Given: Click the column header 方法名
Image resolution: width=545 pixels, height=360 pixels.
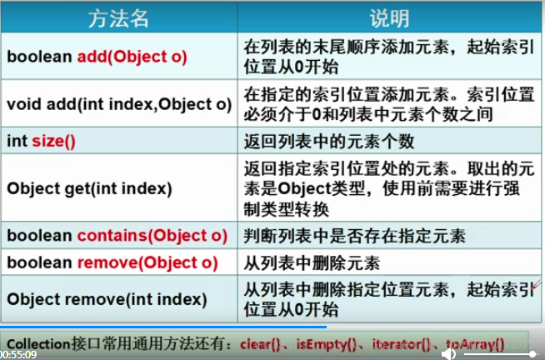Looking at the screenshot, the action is [118, 18].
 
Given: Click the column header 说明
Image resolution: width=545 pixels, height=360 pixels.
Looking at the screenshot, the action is [389, 18].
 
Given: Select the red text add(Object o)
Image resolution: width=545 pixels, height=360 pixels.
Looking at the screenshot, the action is [132, 57].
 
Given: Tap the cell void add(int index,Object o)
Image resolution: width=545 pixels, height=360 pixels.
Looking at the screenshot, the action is [119, 104].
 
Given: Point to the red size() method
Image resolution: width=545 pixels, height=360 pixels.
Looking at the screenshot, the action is [54, 142].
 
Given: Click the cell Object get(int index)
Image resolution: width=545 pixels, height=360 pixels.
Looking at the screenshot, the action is [89, 188].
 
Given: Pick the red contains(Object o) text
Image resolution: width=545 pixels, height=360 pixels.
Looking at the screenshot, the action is [152, 236].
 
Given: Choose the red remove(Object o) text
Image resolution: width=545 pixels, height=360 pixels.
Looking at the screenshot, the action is [147, 262].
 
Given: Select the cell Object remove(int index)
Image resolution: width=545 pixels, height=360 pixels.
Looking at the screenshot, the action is [107, 299].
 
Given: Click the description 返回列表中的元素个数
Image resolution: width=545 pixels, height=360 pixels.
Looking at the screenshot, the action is [329, 142].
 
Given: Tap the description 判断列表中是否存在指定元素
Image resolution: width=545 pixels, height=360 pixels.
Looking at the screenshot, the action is [354, 236].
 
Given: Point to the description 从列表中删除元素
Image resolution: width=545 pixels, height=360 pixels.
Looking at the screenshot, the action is [312, 263].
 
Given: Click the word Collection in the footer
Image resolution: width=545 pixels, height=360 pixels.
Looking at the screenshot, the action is [38, 344].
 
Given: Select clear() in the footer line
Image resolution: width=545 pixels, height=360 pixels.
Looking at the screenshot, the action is [260, 344].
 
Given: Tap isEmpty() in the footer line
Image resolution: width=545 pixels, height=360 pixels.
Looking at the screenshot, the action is [326, 344].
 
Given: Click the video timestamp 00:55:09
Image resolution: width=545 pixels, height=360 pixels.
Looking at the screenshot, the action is [18, 355].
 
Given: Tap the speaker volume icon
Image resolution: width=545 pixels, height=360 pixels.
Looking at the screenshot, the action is [448, 354].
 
